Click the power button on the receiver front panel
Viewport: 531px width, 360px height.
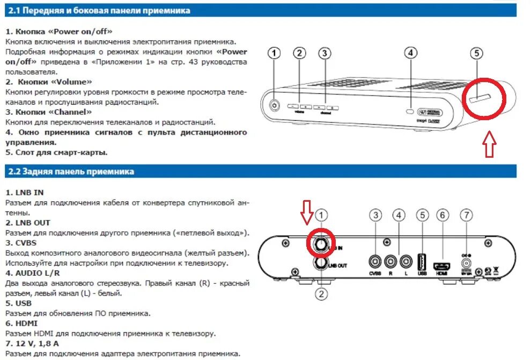click(275, 106)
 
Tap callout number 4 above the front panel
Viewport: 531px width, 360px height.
click(410, 53)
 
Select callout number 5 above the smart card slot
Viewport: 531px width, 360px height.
click(477, 53)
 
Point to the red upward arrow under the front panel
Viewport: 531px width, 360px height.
click(489, 145)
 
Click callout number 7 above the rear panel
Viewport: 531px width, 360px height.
click(467, 216)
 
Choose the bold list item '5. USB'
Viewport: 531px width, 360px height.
click(18, 303)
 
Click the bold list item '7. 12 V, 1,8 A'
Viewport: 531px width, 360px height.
click(32, 344)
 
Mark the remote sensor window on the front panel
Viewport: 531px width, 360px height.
click(410, 111)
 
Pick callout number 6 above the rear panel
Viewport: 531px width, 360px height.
click(442, 216)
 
